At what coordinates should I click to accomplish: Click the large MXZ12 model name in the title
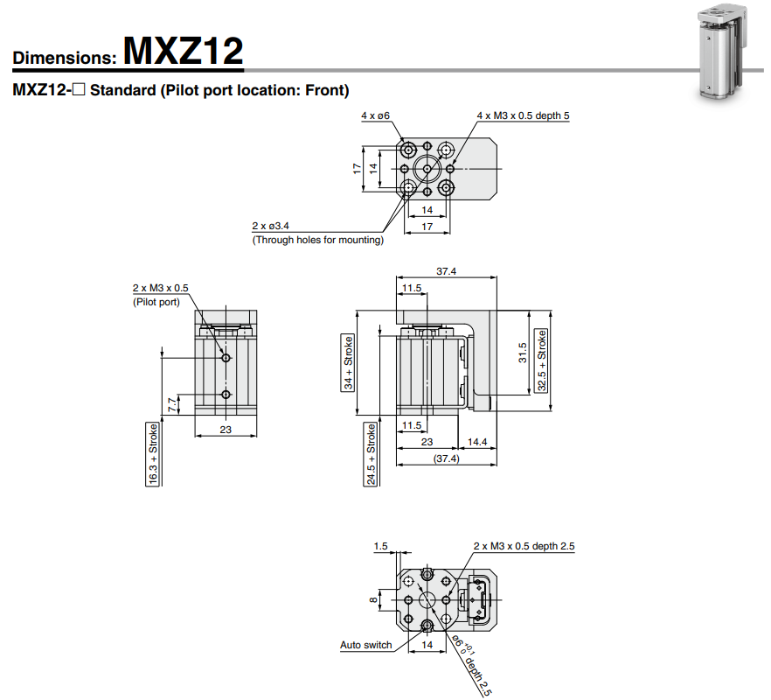pyautogui.click(x=183, y=51)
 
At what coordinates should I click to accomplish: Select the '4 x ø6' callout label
pyautogui.click(x=375, y=115)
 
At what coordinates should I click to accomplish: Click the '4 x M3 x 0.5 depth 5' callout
pyautogui.click(x=524, y=115)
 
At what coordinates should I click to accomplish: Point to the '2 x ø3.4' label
pyautogui.click(x=270, y=227)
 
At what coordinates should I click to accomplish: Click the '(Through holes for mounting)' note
pyautogui.click(x=317, y=240)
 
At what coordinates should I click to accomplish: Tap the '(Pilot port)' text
pyautogui.click(x=156, y=302)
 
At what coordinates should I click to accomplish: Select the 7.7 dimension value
pyautogui.click(x=171, y=403)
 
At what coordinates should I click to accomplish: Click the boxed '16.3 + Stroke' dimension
pyautogui.click(x=153, y=453)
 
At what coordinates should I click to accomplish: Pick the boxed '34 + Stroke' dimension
pyautogui.click(x=348, y=362)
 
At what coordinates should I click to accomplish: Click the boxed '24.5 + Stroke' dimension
pyautogui.click(x=371, y=453)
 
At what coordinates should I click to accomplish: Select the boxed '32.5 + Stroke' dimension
pyautogui.click(x=542, y=360)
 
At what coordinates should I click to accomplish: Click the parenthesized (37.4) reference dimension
pyautogui.click(x=446, y=458)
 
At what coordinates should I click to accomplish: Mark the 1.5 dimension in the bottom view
pyautogui.click(x=380, y=546)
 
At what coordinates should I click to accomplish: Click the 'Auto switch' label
pyautogui.click(x=365, y=646)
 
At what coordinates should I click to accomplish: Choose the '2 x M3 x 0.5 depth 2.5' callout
pyautogui.click(x=524, y=546)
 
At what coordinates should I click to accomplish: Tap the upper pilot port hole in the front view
pyautogui.click(x=226, y=357)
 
